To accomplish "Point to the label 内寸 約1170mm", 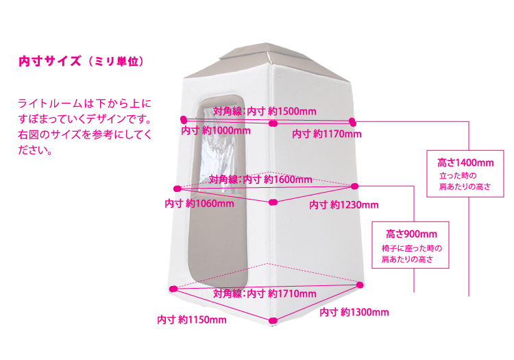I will click(x=326, y=134).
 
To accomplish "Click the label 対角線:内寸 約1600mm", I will click(x=260, y=179).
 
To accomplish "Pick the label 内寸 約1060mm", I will click(x=199, y=203).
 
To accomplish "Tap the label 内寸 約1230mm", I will click(x=343, y=204).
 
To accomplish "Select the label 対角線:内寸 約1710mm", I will click(x=265, y=293).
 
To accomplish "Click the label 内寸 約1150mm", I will click(x=191, y=320).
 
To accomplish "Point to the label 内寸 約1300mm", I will click(x=354, y=312).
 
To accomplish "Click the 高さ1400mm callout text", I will click(x=465, y=163).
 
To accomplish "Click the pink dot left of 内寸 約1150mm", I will click(x=173, y=289).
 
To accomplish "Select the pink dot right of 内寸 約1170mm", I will click(x=353, y=121).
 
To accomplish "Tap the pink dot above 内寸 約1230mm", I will click(x=355, y=186).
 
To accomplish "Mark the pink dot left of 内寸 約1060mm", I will click(x=178, y=188).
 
